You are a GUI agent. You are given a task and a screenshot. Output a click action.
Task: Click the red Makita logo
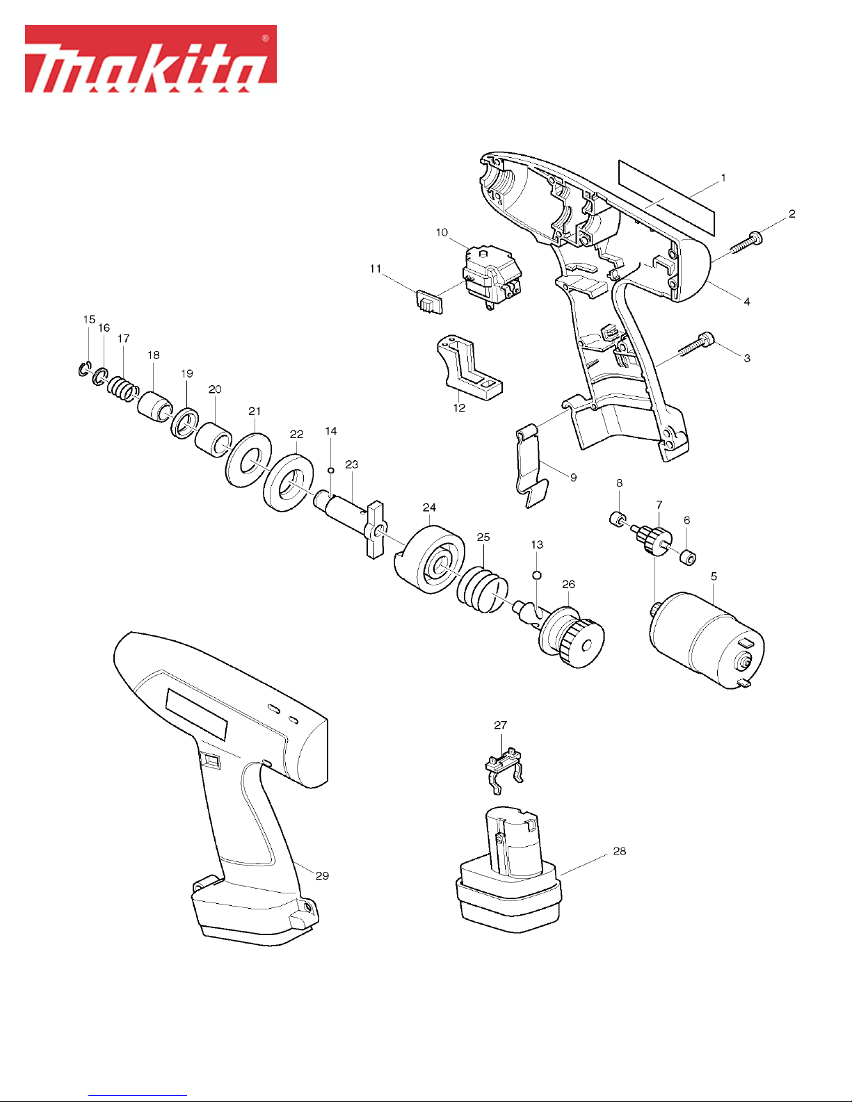pos(151,59)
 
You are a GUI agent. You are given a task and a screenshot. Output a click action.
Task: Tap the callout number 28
pos(619,851)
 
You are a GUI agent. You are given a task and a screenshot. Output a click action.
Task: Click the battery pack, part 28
pos(508,870)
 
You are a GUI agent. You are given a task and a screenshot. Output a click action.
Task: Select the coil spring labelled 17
pos(122,389)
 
